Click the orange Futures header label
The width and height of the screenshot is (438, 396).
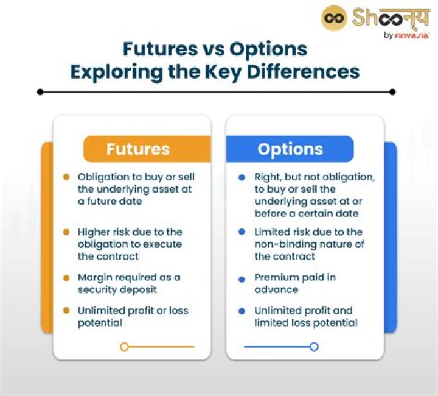tap(138, 149)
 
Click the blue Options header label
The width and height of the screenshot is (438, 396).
tap(290, 149)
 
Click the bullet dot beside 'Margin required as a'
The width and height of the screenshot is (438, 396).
tap(66, 278)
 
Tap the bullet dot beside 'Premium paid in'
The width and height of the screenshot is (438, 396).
tap(242, 278)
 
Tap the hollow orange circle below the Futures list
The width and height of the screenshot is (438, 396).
tap(124, 347)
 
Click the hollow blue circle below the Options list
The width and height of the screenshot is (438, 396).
tap(314, 347)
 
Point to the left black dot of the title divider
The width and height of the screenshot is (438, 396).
tap(40, 92)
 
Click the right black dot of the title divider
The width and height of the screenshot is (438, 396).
tap(392, 92)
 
